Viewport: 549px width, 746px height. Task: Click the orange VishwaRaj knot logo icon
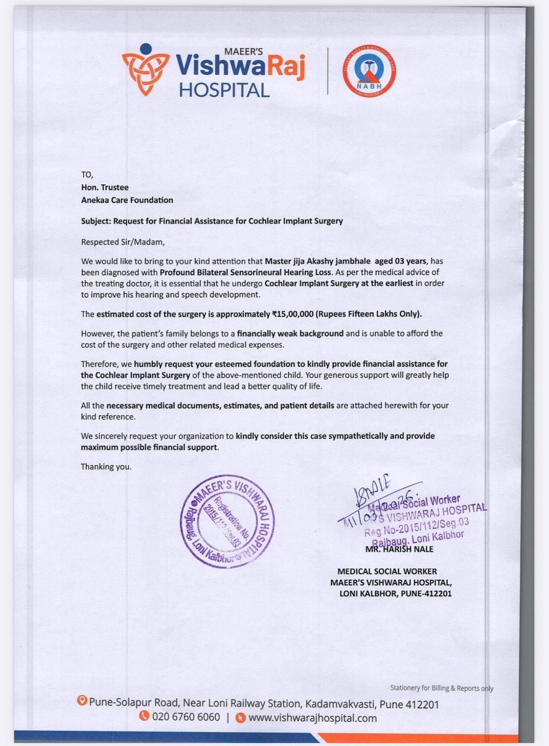click(x=145, y=70)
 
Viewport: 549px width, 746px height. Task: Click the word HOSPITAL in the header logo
click(x=224, y=90)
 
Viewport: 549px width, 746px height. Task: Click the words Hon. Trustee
click(x=105, y=187)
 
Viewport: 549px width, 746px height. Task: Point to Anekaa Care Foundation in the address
click(x=127, y=200)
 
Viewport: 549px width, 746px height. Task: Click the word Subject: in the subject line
click(x=96, y=221)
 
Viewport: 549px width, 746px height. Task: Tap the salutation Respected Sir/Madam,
click(x=123, y=242)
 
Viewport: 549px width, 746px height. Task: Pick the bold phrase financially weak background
click(x=290, y=333)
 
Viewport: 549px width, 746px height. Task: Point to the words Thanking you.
click(x=106, y=466)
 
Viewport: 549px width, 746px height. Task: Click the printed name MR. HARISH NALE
click(x=399, y=549)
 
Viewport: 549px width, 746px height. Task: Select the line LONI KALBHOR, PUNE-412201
click(x=395, y=594)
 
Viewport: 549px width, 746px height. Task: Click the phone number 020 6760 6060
click(x=186, y=717)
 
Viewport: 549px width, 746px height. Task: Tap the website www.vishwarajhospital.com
click(x=313, y=718)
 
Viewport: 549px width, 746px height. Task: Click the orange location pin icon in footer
click(x=82, y=701)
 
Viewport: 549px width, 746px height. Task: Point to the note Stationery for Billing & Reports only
click(x=442, y=688)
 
